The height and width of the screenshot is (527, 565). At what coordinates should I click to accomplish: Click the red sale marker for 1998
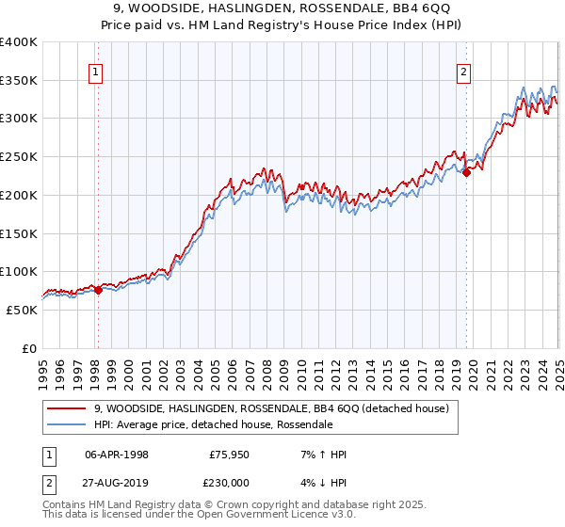pyautogui.click(x=98, y=290)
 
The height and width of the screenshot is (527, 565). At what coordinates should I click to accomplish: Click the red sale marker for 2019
pyautogui.click(x=466, y=172)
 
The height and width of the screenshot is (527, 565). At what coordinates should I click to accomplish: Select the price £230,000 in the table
pyautogui.click(x=229, y=481)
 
